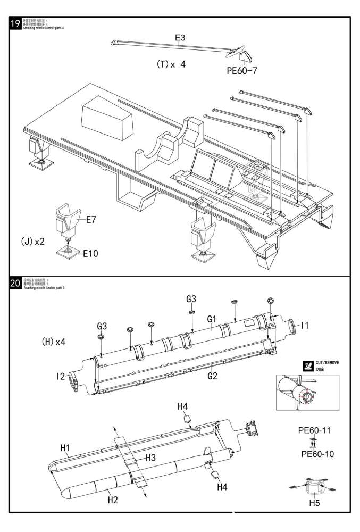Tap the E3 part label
(x=180, y=38)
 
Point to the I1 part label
(x=305, y=325)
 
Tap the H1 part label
(x=65, y=448)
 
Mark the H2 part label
(x=113, y=498)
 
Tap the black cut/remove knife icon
(x=307, y=365)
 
